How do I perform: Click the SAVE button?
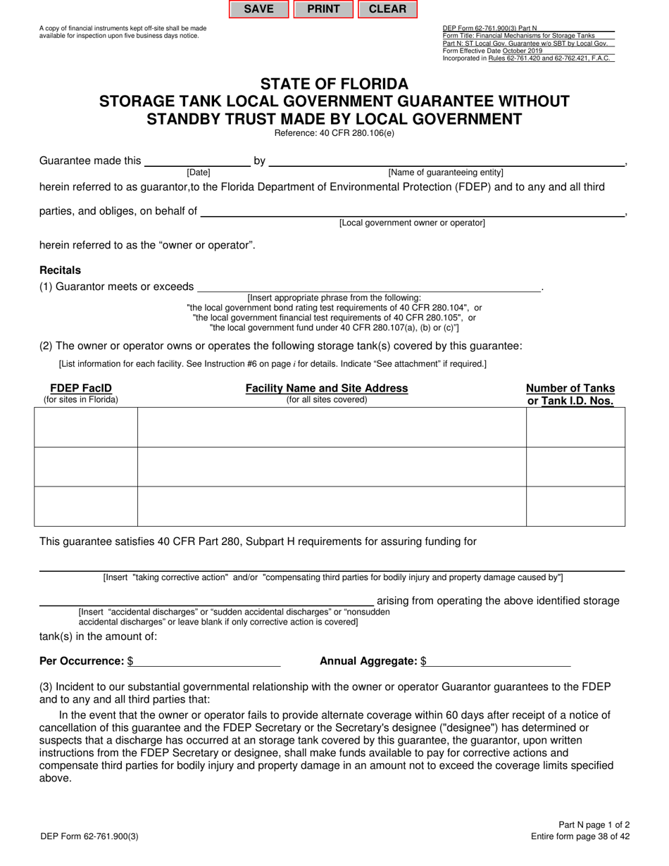258,9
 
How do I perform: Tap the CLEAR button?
387,9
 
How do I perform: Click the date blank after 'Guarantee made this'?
197,161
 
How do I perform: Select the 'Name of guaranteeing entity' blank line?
446,161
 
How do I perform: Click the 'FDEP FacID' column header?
81,388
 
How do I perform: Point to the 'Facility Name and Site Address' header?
326,388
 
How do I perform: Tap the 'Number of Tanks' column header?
570,388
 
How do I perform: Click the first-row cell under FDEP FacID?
86,427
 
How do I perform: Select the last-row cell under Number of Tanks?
575,506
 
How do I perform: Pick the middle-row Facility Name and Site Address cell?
332,467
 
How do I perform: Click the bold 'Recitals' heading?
60,270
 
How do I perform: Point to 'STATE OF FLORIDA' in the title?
334,84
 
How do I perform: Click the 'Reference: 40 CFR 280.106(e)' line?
334,133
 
